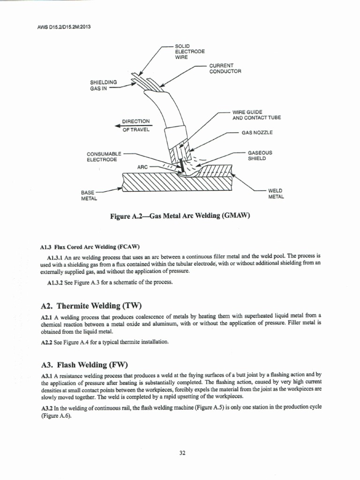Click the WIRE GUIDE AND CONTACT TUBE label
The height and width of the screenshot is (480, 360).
coord(256,115)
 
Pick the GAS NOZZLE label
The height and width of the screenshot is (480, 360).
coord(257,133)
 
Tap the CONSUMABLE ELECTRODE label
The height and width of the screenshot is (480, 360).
coord(104,157)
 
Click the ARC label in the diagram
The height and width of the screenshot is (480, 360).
coord(142,167)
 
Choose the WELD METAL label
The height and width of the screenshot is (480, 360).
coord(276,194)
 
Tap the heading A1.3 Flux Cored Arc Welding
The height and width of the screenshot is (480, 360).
coord(90,247)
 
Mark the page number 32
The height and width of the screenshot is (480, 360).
coord(182,453)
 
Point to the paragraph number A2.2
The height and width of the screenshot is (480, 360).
coord(46,342)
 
